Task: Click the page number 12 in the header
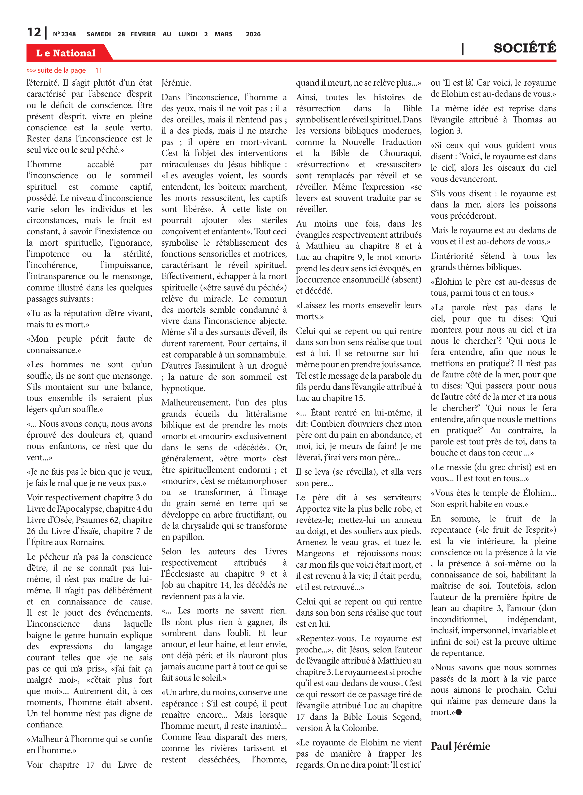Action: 34,33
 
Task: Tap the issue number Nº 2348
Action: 64,34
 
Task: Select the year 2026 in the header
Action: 253,34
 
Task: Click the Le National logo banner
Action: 66,53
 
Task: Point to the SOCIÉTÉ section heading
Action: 524,48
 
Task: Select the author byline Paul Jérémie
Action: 460,746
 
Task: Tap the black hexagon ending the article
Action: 458,712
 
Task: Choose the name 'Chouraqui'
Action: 400,153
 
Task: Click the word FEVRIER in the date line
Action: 143,34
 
